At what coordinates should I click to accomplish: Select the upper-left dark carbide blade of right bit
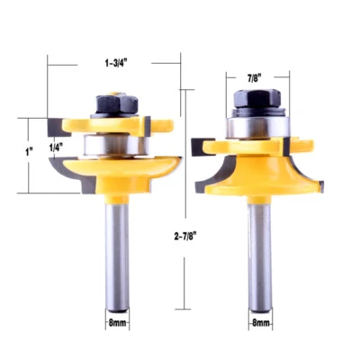200,139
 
